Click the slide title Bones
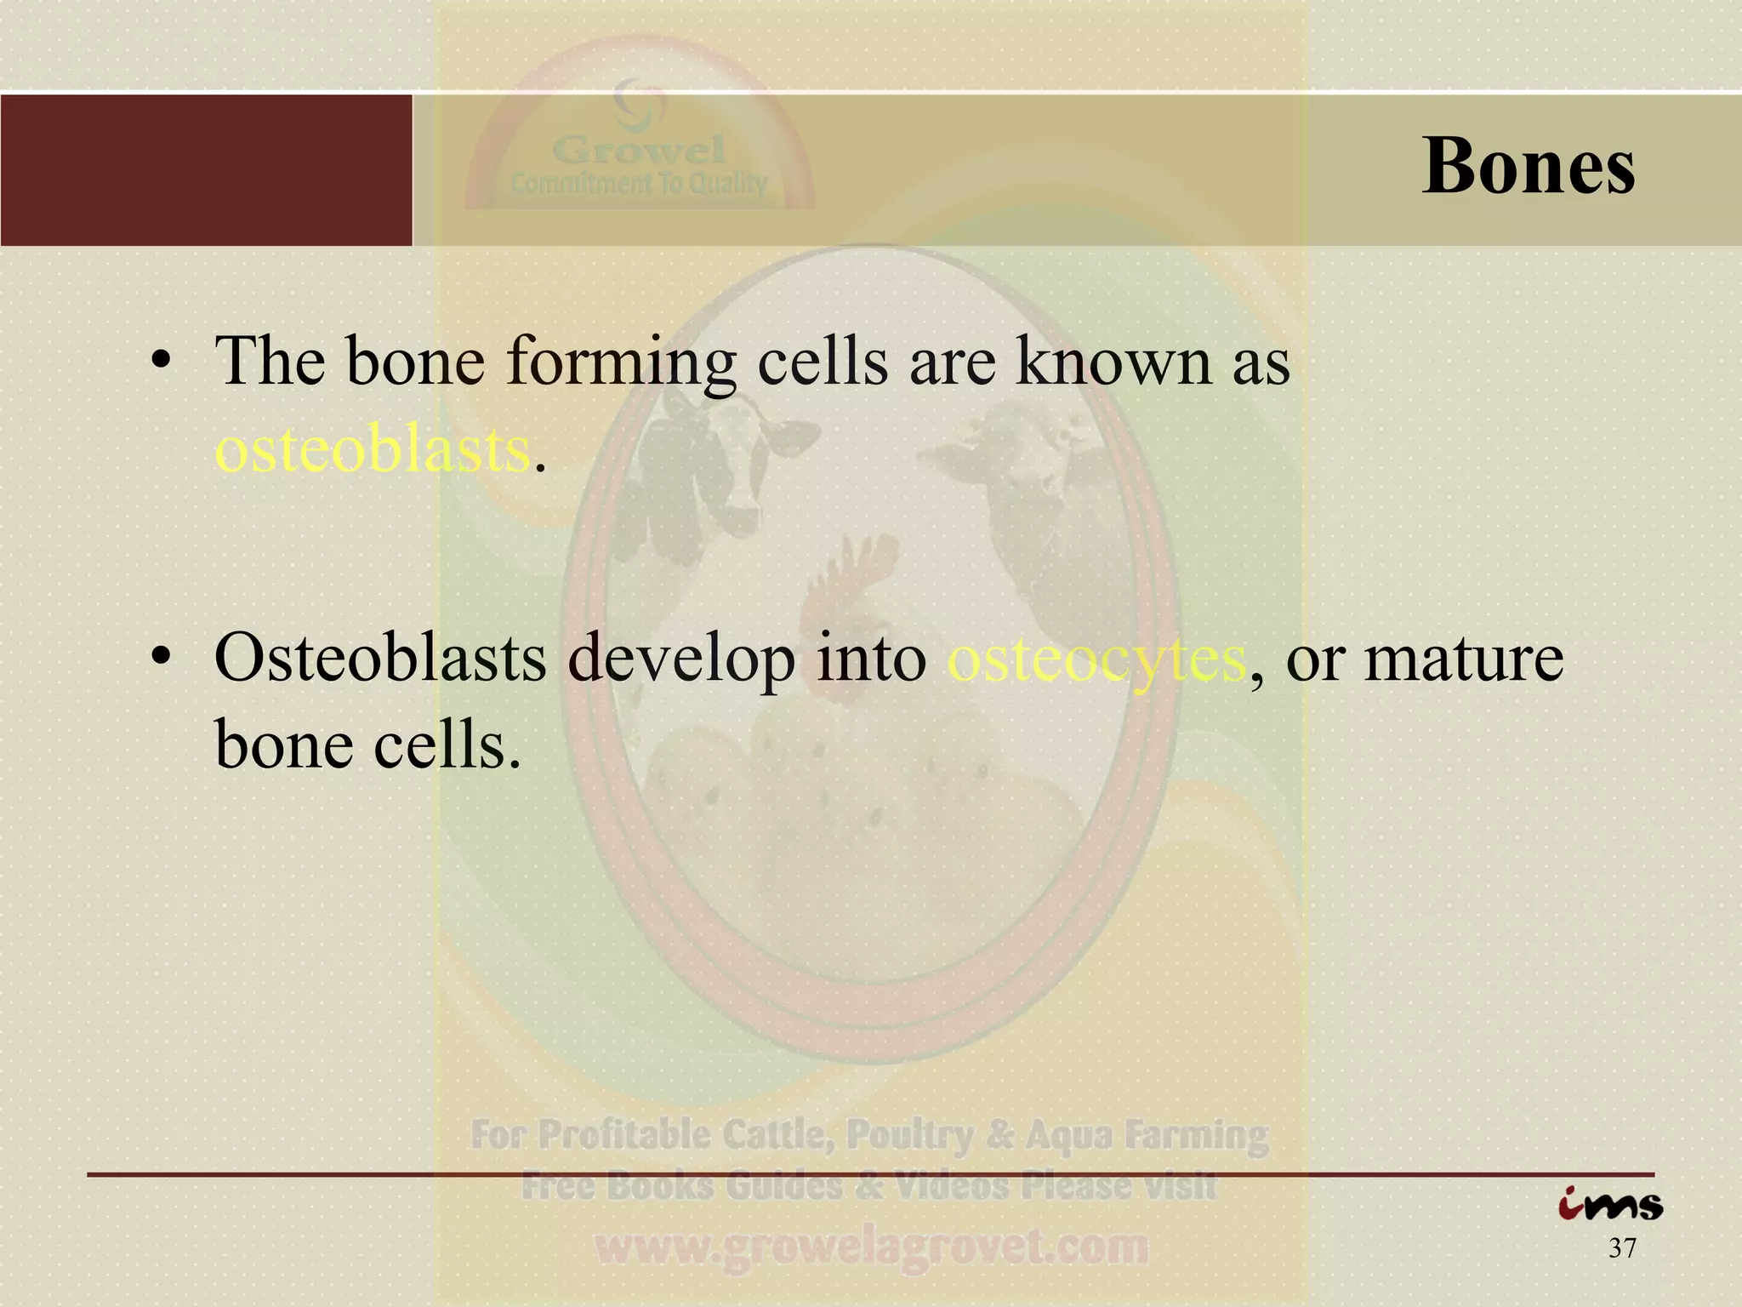[1528, 166]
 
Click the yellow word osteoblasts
[373, 449]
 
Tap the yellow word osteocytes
[1096, 659]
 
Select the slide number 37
[1622, 1249]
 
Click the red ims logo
[1609, 1205]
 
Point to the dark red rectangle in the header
[206, 170]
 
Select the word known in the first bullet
[1115, 361]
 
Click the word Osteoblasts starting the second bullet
[379, 659]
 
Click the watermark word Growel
[639, 151]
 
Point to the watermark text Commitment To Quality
[639, 183]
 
